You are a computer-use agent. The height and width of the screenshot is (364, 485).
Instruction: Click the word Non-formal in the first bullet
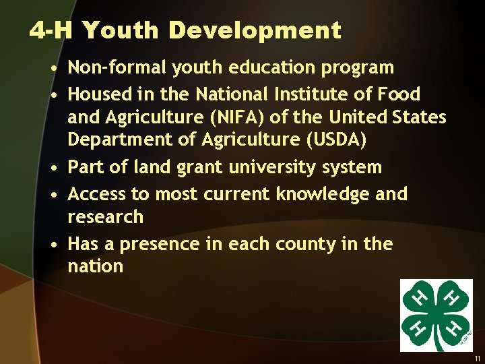tap(119, 67)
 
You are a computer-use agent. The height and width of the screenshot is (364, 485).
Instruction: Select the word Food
tap(399, 94)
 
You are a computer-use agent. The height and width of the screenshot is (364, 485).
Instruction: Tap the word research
tap(106, 217)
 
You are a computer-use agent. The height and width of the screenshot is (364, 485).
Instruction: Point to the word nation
tap(96, 266)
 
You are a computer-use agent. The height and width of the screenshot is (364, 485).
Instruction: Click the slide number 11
tap(476, 359)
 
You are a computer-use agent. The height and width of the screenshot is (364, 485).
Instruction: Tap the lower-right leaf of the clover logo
tap(454, 328)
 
